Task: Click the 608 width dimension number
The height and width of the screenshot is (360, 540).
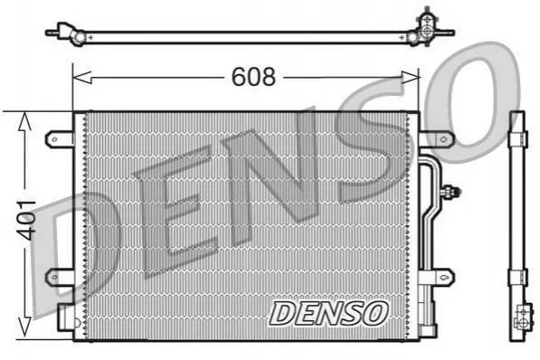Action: pyautogui.click(x=253, y=77)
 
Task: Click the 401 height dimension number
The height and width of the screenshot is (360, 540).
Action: pyautogui.click(x=26, y=220)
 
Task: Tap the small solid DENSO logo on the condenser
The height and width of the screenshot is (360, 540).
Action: pyautogui.click(x=328, y=313)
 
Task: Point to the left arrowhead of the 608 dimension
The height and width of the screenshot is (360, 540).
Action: pyautogui.click(x=82, y=78)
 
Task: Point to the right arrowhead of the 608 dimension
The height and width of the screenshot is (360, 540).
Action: pyautogui.click(x=410, y=78)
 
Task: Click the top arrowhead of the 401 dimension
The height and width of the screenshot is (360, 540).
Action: pyautogui.click(x=24, y=121)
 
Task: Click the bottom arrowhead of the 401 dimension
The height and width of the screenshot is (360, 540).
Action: pyautogui.click(x=24, y=327)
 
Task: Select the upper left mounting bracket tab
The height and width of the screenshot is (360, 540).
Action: pyautogui.click(x=60, y=139)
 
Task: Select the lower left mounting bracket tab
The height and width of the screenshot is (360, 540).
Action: pyautogui.click(x=60, y=278)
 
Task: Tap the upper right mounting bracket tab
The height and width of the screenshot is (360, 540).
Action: pyautogui.click(x=437, y=139)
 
